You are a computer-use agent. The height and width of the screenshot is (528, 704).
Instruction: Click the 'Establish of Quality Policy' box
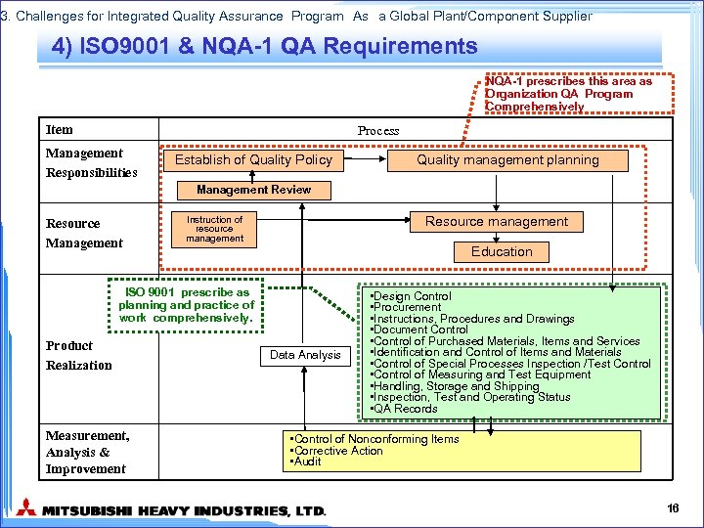pyautogui.click(x=253, y=159)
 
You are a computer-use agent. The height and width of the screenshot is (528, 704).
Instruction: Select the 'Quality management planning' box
pyautogui.click(x=507, y=159)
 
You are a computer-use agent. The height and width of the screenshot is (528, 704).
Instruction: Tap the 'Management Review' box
pyautogui.click(x=253, y=190)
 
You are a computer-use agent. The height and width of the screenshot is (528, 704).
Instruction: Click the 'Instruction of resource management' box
pyautogui.click(x=214, y=229)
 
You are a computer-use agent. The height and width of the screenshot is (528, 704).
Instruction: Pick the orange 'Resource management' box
pyautogui.click(x=496, y=222)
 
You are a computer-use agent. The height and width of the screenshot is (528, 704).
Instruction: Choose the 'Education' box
pyautogui.click(x=502, y=251)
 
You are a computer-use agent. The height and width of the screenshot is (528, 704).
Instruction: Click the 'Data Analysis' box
pyautogui.click(x=305, y=355)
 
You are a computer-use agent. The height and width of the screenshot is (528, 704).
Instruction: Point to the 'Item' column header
pyautogui.click(x=60, y=130)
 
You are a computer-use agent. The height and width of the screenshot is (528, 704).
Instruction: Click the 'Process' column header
pyautogui.click(x=378, y=130)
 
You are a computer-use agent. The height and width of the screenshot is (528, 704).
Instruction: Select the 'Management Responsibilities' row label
pyautogui.click(x=91, y=162)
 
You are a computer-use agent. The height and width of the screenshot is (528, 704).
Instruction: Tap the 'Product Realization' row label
pyautogui.click(x=78, y=355)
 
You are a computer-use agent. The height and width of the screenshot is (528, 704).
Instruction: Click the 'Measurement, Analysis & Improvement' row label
pyautogui.click(x=87, y=452)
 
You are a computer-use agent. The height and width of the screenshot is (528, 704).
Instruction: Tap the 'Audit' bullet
pyautogui.click(x=307, y=462)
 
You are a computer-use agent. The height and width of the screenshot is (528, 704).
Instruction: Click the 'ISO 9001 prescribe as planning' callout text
pyautogui.click(x=187, y=304)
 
